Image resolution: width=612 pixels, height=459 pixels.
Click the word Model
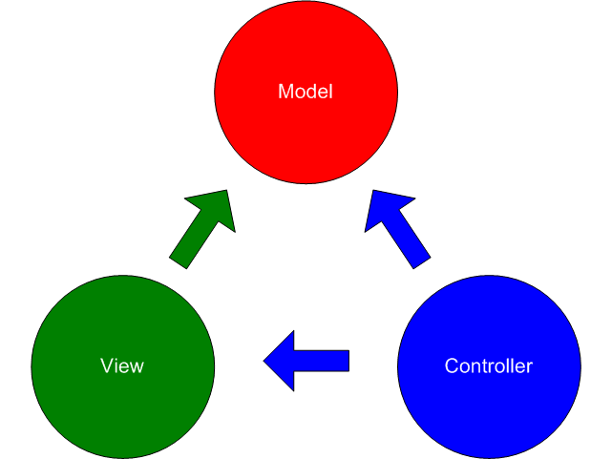point(306,92)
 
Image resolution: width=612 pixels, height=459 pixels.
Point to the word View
point(122,366)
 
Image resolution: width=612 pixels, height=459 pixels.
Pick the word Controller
point(489,366)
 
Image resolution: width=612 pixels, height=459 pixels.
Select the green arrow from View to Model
point(202,229)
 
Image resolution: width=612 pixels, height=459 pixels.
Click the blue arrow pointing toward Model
point(398,229)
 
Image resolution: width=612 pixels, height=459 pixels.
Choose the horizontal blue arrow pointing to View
point(306,361)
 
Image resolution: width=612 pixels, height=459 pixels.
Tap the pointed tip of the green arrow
point(229,191)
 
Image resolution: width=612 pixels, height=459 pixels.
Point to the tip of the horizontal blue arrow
point(264,361)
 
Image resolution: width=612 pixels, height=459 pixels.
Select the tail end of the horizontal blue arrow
point(348,361)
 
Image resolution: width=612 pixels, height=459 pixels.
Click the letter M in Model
point(285,92)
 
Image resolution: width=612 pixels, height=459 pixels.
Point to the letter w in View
point(137,366)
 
